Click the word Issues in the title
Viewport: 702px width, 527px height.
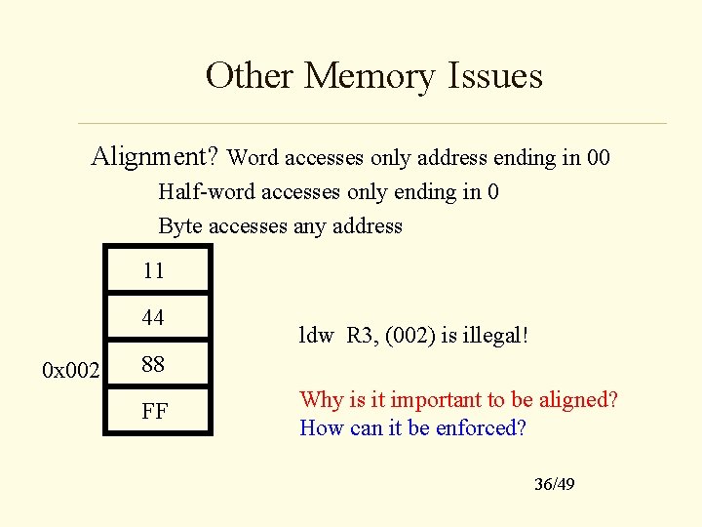coord(495,75)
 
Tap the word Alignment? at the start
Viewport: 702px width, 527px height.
coord(156,156)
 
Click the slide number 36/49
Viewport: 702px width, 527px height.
coord(554,484)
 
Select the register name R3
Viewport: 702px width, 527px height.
coord(361,336)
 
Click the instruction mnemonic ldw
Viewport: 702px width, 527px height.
coord(316,336)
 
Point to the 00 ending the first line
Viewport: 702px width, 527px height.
coord(597,157)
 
